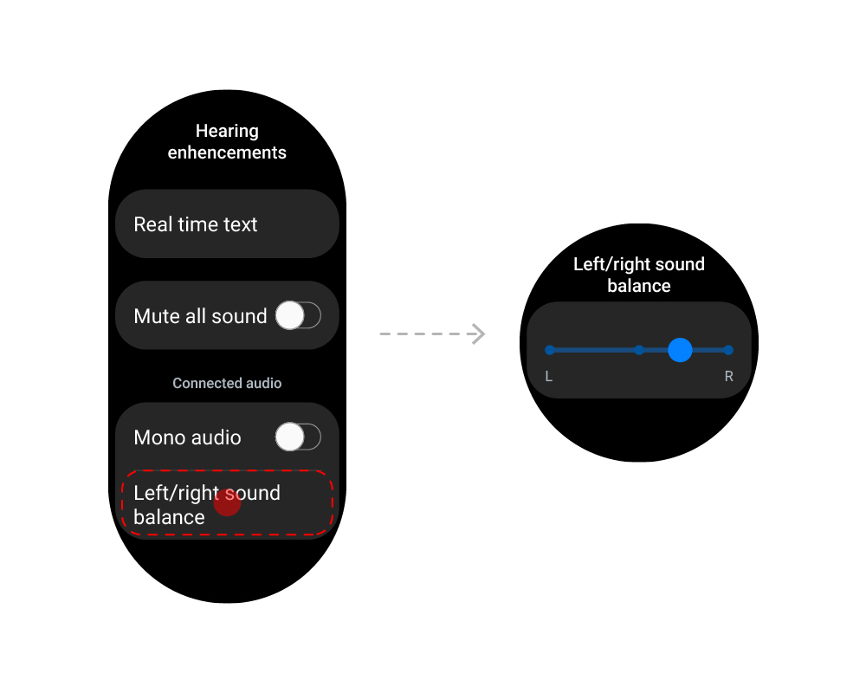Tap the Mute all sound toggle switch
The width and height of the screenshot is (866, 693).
click(298, 316)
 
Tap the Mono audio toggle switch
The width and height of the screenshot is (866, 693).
click(298, 437)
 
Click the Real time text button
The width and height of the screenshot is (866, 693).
click(227, 224)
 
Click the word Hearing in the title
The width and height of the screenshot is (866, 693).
click(227, 131)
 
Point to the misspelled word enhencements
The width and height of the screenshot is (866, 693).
click(227, 152)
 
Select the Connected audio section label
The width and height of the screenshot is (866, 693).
click(227, 383)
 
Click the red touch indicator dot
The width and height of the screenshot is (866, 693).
click(227, 502)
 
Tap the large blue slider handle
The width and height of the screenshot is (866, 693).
click(681, 350)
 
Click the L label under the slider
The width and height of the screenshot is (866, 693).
click(549, 377)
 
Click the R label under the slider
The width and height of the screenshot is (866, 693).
click(729, 377)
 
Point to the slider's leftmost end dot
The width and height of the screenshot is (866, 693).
click(550, 350)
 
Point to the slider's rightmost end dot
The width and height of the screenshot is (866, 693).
click(728, 350)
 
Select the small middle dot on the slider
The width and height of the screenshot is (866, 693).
click(639, 350)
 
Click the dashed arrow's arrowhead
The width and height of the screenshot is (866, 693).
click(478, 334)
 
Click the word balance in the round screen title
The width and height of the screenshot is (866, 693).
click(639, 286)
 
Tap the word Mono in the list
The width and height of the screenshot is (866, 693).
click(160, 437)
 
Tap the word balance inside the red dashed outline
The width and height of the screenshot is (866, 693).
click(169, 517)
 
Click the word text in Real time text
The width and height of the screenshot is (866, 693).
click(240, 224)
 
